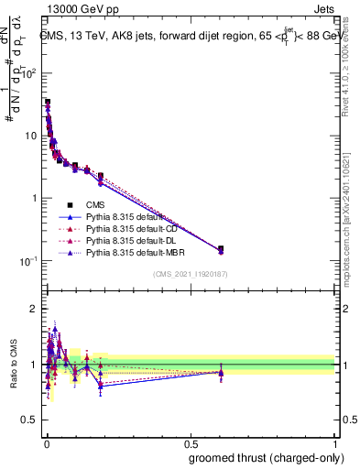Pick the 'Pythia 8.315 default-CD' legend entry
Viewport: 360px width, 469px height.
click(x=124, y=228)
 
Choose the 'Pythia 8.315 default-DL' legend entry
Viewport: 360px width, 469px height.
click(x=124, y=240)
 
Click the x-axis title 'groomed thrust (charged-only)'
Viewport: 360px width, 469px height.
click(x=266, y=457)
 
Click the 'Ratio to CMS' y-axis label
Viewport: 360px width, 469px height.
click(x=13, y=365)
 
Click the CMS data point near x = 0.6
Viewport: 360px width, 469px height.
click(x=220, y=248)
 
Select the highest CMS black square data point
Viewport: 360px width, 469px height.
click(x=48, y=102)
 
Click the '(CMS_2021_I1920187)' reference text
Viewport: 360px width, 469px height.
click(x=191, y=273)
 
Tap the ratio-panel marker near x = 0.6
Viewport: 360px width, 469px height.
click(x=220, y=372)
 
